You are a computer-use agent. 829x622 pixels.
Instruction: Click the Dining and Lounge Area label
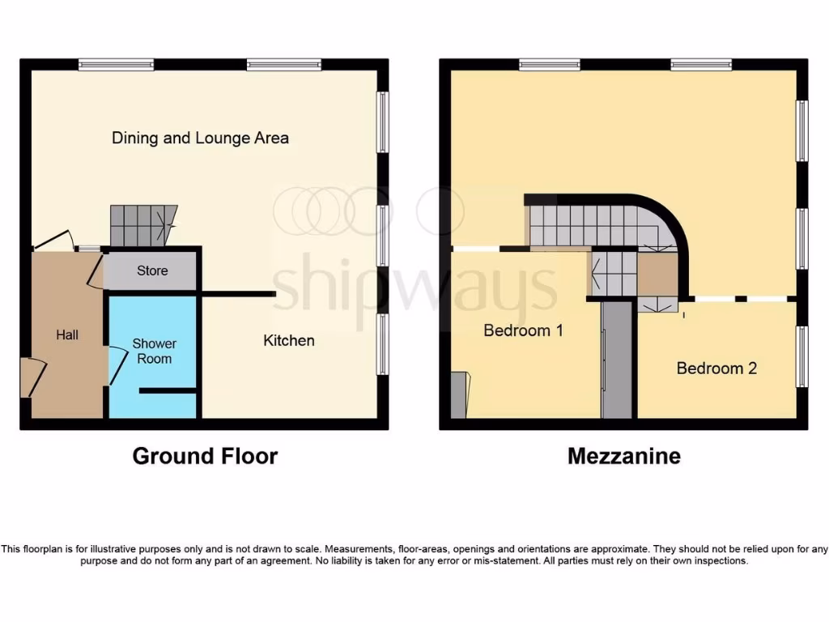click(x=200, y=138)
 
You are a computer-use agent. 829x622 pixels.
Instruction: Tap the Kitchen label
click(x=289, y=340)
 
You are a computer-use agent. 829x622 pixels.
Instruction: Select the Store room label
click(x=152, y=271)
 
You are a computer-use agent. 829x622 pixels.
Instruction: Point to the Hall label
click(x=67, y=334)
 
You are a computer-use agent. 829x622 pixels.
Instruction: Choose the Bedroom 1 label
click(x=523, y=330)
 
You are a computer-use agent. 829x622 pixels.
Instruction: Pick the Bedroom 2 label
click(x=716, y=369)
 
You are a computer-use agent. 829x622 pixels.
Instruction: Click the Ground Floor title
click(x=205, y=456)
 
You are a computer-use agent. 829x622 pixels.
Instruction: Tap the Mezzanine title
click(x=623, y=456)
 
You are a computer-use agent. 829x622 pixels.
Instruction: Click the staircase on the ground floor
click(x=142, y=225)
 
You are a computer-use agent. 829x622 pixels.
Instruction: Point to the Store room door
click(x=95, y=271)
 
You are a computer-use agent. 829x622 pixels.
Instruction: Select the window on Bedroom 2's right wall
click(x=801, y=356)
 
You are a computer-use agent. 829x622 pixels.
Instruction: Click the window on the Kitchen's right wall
click(x=383, y=344)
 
